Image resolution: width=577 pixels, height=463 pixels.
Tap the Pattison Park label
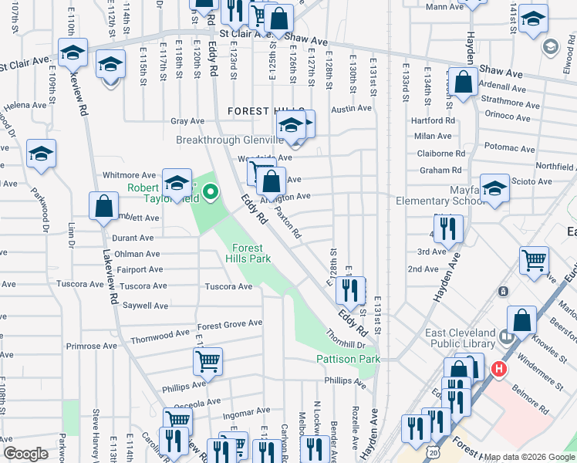(348, 360)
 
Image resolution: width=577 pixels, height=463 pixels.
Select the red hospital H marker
(500, 370)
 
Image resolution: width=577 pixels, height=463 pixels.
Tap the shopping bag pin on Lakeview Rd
(103, 208)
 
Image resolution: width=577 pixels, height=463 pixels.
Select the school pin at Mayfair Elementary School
(494, 187)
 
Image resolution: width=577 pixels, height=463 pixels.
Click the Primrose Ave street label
(85, 346)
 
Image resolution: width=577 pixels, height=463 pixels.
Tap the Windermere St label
(545, 359)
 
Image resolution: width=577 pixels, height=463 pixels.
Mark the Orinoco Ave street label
(508, 117)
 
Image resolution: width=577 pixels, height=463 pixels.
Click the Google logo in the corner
(26, 454)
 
